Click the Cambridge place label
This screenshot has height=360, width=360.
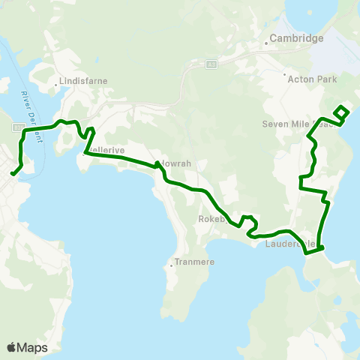(298, 38)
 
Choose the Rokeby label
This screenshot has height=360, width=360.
(211, 219)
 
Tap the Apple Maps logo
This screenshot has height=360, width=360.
(27, 347)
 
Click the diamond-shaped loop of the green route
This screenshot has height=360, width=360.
(340, 112)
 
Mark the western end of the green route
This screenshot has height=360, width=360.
(12, 175)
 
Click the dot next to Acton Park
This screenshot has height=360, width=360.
(285, 75)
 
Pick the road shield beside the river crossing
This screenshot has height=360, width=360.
(16, 127)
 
